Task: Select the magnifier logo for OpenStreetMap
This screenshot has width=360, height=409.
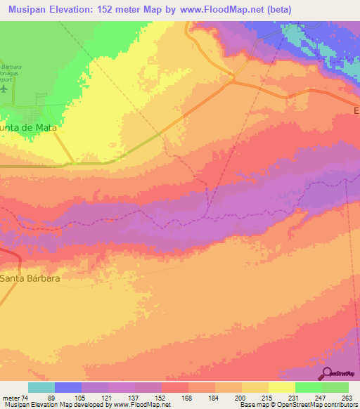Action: [328, 375]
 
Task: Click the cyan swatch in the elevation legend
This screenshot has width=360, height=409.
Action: [41, 387]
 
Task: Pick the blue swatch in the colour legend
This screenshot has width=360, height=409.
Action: [68, 387]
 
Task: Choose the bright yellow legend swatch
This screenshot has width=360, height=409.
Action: [281, 387]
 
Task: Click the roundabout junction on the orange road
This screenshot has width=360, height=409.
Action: [231, 78]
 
